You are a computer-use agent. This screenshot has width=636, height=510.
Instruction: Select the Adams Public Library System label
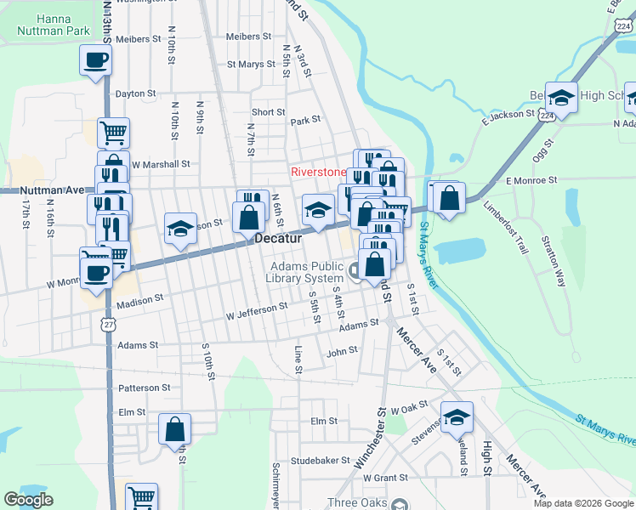[x=295, y=271]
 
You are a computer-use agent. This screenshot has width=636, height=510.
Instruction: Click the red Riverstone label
[x=319, y=171]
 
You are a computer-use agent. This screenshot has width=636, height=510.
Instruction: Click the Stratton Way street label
[x=555, y=264]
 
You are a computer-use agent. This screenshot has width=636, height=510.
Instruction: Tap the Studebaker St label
[x=321, y=460]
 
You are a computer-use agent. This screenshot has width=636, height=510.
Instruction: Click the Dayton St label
[x=135, y=93]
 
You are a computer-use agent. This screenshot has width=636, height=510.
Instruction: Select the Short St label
[x=268, y=112]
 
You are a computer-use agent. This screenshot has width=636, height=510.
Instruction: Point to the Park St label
[x=304, y=122]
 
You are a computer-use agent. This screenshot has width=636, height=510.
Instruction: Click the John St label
[x=342, y=350]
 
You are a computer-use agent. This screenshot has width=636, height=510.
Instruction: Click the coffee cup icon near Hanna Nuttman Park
[x=95, y=60]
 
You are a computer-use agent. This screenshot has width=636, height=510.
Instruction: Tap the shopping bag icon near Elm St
[x=174, y=429]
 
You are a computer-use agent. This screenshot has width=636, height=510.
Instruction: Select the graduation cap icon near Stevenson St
[x=457, y=417]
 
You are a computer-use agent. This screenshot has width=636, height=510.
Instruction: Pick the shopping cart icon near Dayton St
[x=113, y=133]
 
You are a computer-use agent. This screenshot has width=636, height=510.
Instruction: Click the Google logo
[x=28, y=500]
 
